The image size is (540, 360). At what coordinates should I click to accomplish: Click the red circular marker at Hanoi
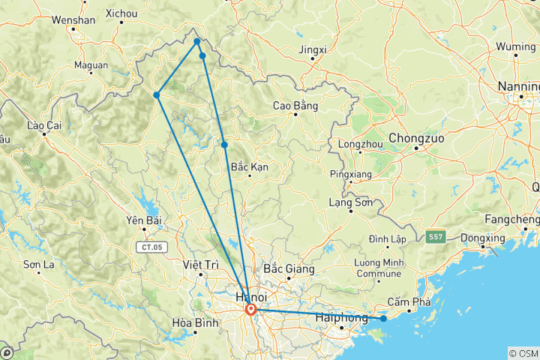(250, 309)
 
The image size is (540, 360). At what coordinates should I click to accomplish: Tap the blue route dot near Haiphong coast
(383, 319)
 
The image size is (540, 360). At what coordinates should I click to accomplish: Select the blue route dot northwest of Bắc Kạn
(224, 145)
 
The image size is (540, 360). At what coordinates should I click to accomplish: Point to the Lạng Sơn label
(351, 202)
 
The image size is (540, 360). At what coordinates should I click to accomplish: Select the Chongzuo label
(415, 139)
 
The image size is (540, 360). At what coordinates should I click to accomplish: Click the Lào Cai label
(42, 125)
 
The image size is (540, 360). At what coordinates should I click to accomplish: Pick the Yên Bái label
(145, 220)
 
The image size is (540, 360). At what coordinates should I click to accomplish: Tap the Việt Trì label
(200, 265)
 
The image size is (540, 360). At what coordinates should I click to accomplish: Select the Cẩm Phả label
(409, 302)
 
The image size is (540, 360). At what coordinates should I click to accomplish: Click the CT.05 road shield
(150, 246)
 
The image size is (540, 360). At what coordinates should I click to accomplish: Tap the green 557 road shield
(436, 237)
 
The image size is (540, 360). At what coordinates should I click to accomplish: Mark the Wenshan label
(73, 20)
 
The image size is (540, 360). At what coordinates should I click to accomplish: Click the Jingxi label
(313, 50)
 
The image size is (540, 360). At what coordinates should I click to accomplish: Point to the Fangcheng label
(512, 219)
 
